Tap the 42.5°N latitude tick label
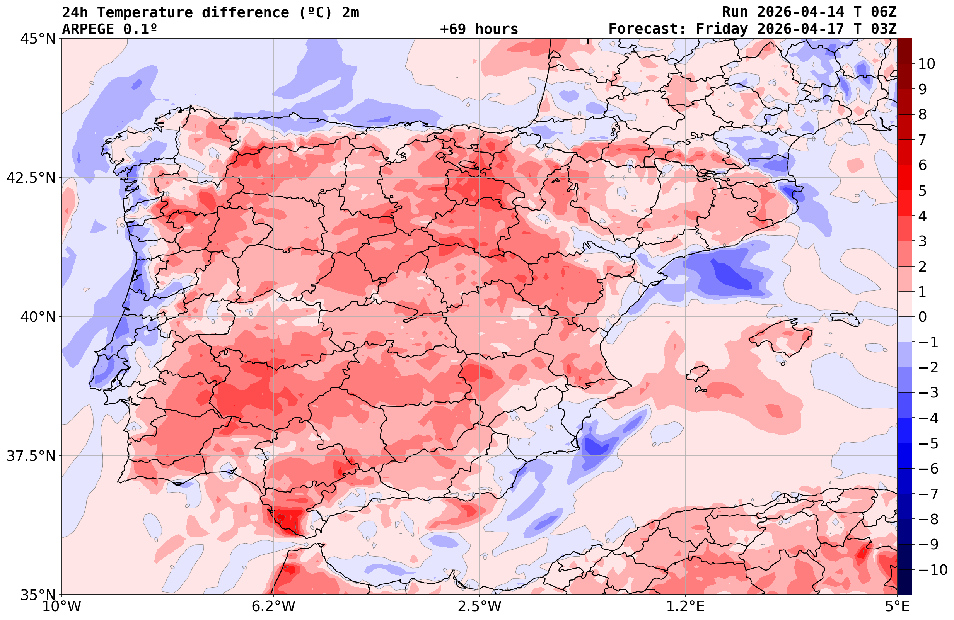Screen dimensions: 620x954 (x=31, y=178)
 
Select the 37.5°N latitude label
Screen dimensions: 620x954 (x=31, y=456)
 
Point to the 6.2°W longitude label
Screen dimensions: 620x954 (x=273, y=606)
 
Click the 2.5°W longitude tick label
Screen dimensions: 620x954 (x=480, y=606)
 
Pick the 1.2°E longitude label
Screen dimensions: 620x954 (x=686, y=606)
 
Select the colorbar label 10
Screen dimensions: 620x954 (x=926, y=64)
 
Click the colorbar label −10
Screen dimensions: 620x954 (x=933, y=569)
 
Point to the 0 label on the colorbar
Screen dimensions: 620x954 (x=922, y=317)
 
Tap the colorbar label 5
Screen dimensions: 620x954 (x=922, y=191)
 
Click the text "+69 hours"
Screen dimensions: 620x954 (x=479, y=29)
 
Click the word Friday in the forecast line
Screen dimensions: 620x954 (x=722, y=29)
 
